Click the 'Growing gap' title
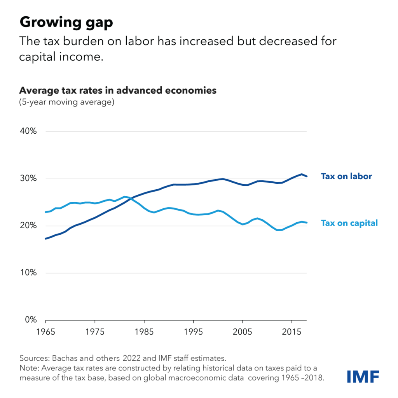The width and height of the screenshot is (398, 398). (x=66, y=23)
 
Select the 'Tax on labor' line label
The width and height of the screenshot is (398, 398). (x=346, y=176)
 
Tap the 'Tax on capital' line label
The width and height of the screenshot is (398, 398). (x=349, y=223)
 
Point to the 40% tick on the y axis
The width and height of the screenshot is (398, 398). (x=28, y=131)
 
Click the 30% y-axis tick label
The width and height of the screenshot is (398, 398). (x=28, y=179)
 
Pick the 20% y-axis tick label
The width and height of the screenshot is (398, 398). (x=28, y=226)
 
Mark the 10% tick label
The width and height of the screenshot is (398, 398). (x=28, y=273)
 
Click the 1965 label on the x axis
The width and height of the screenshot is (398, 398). (x=46, y=333)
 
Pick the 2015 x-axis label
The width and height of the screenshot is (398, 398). (x=291, y=333)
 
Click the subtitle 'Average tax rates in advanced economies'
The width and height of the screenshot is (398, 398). (x=118, y=91)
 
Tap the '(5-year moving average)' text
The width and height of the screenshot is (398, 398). (x=66, y=103)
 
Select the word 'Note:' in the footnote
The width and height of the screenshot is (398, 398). (x=28, y=367)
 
